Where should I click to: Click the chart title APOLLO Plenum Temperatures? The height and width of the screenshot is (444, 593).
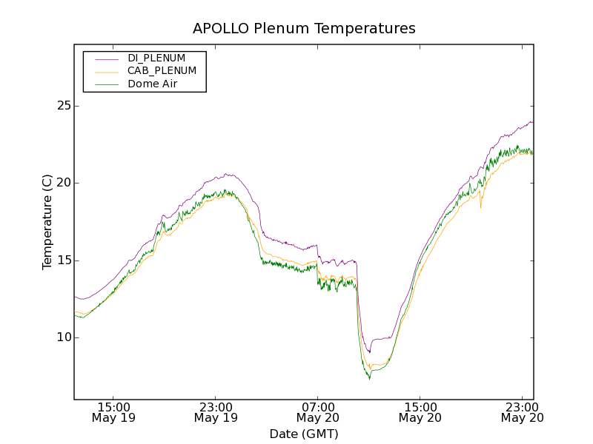pyautogui.click(x=304, y=29)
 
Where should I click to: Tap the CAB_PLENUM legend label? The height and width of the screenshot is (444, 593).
pyautogui.click(x=162, y=71)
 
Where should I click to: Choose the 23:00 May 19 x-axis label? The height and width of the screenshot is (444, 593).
pyautogui.click(x=216, y=412)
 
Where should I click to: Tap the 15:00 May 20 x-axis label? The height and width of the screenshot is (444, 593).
pyautogui.click(x=420, y=412)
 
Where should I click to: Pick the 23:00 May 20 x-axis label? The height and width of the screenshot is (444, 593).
pyautogui.click(x=521, y=412)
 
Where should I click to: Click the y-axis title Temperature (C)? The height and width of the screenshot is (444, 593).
pyautogui.click(x=47, y=222)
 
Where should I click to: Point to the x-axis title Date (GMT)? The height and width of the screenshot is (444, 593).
pyautogui.click(x=304, y=434)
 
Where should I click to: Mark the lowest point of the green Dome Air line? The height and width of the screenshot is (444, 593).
pyautogui.click(x=369, y=379)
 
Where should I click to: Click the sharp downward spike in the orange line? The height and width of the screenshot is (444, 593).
pyautogui.click(x=480, y=207)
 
